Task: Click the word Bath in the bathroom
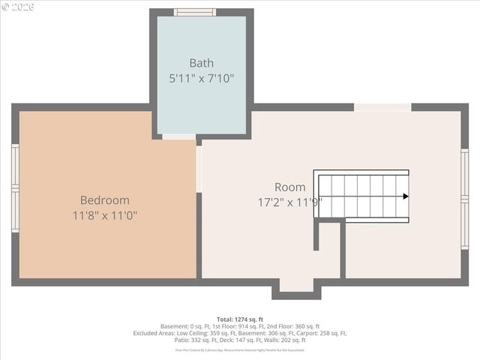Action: point(201,63)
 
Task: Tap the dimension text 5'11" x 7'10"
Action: point(201,77)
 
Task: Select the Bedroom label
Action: point(104,200)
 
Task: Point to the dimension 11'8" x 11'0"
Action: point(104,215)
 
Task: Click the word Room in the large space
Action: point(289,187)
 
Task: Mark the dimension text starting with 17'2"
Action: point(289,202)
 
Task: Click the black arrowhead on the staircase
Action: point(405,196)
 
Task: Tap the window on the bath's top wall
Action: point(195,12)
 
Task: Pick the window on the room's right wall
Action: point(464,199)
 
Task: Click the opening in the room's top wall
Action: point(382,107)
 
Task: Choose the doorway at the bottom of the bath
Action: point(178,136)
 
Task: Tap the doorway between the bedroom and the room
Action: point(199,169)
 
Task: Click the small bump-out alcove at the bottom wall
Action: point(296,286)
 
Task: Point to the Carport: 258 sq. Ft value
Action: point(322,334)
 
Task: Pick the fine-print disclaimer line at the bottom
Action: point(239,349)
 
